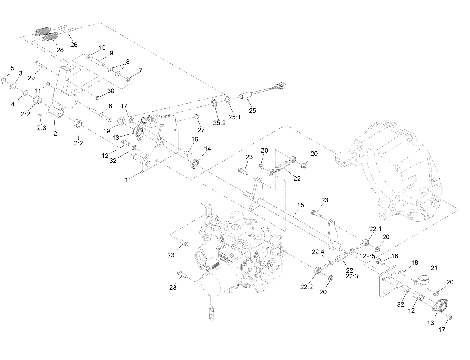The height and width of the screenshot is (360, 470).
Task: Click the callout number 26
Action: click(74, 45)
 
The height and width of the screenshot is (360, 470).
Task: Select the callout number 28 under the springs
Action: click(60, 50)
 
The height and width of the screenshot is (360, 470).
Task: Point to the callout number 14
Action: click(207, 149)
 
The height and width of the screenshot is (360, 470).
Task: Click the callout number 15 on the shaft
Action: click(300, 205)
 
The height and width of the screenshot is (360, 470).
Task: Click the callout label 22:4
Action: click(318, 252)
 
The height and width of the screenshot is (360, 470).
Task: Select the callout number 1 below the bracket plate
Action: click(126, 180)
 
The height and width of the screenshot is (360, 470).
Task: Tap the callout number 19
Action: click(107, 131)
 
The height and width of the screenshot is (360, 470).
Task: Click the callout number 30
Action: click(111, 91)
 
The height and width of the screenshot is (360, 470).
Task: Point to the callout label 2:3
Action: click(41, 128)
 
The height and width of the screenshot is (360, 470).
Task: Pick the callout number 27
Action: click(201, 130)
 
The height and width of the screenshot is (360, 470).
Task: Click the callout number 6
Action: click(110, 106)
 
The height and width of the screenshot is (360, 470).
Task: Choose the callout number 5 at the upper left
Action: click(12, 68)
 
